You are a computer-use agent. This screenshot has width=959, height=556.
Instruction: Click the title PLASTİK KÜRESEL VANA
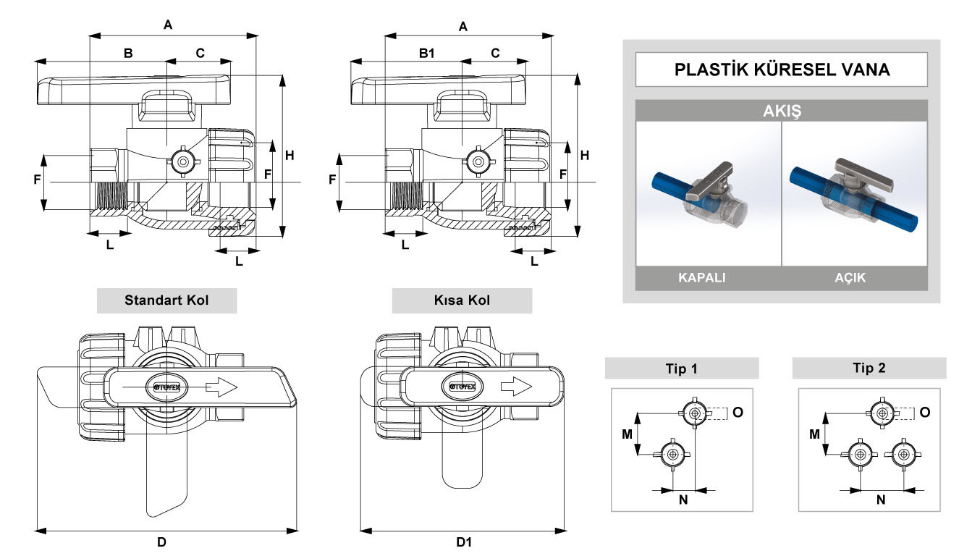[x=782, y=69]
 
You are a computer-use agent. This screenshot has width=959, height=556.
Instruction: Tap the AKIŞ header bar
[x=782, y=111]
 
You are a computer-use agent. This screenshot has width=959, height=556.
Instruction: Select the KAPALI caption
[x=701, y=278]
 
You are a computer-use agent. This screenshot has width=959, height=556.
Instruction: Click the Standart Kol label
[x=166, y=300]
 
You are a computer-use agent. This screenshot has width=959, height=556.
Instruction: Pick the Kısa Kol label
[x=462, y=300]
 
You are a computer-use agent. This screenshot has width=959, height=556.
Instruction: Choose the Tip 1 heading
[x=681, y=368]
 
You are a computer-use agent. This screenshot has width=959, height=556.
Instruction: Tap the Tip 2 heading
[x=869, y=368]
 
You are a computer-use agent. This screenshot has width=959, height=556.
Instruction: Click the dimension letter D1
[x=464, y=542]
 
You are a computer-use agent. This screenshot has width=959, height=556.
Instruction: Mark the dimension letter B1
[x=427, y=53]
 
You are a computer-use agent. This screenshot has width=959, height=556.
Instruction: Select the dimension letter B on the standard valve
[x=127, y=53]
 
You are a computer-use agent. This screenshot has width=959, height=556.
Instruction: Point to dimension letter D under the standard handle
[x=161, y=542]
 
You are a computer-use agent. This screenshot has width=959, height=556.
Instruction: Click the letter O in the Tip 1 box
[x=738, y=412]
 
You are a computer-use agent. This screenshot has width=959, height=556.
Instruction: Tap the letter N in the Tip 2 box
[x=881, y=500]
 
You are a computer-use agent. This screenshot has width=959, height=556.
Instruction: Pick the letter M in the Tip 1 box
[x=628, y=434]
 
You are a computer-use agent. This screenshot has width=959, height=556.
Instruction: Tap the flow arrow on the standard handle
[x=221, y=388]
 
